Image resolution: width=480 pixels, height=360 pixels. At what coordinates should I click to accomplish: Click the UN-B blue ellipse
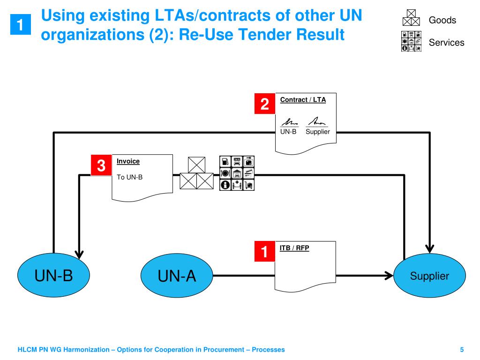[x=53, y=276]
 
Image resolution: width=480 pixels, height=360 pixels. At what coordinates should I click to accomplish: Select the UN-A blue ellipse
[x=177, y=276]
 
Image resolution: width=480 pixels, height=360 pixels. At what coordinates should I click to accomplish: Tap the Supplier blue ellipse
[x=429, y=276]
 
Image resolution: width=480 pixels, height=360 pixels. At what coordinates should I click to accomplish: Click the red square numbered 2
[x=264, y=104]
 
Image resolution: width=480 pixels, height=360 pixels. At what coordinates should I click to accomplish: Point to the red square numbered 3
[x=101, y=165]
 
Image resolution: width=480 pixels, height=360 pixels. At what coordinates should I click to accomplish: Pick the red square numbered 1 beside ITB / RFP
[x=264, y=252]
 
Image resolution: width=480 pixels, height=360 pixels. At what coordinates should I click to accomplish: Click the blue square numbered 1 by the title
[x=21, y=25]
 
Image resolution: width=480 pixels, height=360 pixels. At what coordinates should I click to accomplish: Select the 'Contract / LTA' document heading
[x=303, y=100]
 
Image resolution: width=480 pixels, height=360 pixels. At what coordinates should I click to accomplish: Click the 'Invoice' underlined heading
[x=128, y=161]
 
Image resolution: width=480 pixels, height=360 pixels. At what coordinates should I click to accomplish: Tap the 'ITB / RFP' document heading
[x=294, y=248]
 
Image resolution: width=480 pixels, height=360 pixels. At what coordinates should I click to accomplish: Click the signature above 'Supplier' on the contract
[x=317, y=121]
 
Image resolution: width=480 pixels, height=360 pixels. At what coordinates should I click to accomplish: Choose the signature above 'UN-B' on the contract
[x=289, y=121]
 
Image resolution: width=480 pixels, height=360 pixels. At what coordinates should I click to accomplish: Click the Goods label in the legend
[x=442, y=20]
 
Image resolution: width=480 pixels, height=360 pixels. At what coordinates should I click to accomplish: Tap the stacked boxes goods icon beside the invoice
[x=197, y=173]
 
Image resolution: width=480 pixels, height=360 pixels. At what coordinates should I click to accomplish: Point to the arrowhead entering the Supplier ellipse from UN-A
[x=389, y=276]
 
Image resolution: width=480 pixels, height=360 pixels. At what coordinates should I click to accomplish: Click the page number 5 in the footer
[x=462, y=350]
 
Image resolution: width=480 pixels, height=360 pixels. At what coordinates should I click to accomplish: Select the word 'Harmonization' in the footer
[x=90, y=350]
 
